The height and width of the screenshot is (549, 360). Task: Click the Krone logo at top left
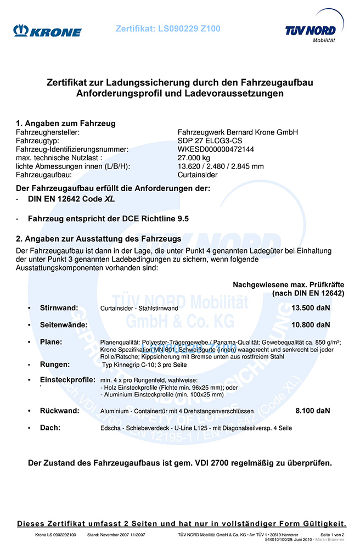pos(48,31)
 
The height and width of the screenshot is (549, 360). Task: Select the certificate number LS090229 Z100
pos(168,29)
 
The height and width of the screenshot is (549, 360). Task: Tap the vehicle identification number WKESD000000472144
pos(216,149)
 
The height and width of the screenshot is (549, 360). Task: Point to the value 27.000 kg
pos(194,158)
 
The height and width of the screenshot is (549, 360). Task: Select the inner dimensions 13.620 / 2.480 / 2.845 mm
pos(221,166)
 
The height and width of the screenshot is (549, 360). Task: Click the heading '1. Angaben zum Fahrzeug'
pos(65,124)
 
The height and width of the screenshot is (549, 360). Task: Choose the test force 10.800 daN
pos(311,325)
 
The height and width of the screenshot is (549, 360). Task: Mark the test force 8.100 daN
pos(313,410)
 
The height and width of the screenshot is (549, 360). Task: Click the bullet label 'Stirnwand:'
pos(59,307)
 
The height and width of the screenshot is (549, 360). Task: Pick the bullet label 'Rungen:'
pos(55,364)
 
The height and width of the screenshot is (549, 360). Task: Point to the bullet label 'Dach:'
pos(50,427)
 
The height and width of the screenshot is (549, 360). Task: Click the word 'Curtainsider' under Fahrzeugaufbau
pos(198,175)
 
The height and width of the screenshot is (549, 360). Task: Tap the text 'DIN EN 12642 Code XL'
pos(72,199)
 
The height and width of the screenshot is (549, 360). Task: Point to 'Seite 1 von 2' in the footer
pos(332,535)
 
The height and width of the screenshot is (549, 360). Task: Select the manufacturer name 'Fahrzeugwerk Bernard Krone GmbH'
pos(238,132)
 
